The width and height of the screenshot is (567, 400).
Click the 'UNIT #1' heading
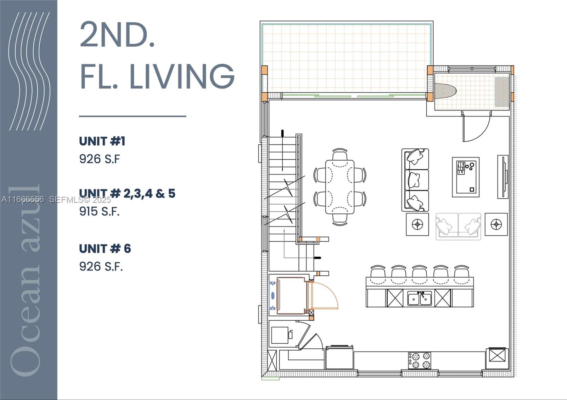click(x=102, y=141)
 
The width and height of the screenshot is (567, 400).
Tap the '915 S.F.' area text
click(x=99, y=211)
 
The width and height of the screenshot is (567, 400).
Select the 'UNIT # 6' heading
click(x=105, y=249)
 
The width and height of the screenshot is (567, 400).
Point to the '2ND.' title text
click(x=117, y=35)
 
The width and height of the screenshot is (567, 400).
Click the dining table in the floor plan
click(x=340, y=187)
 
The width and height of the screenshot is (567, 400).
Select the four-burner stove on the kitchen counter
click(x=420, y=360)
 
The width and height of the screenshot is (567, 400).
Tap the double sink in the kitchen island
click(x=420, y=299)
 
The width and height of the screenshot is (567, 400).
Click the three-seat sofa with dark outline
click(x=415, y=180)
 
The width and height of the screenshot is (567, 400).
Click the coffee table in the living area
click(x=466, y=177)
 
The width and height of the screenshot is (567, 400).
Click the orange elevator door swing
click(x=324, y=295)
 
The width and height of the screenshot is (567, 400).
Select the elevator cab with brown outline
click(x=291, y=296)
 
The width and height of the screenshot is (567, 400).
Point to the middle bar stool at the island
click(x=420, y=273)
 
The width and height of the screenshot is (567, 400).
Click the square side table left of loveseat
click(x=417, y=224)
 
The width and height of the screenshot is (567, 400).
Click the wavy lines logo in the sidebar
click(x=29, y=71)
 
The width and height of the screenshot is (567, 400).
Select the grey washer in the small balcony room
click(x=502, y=92)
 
